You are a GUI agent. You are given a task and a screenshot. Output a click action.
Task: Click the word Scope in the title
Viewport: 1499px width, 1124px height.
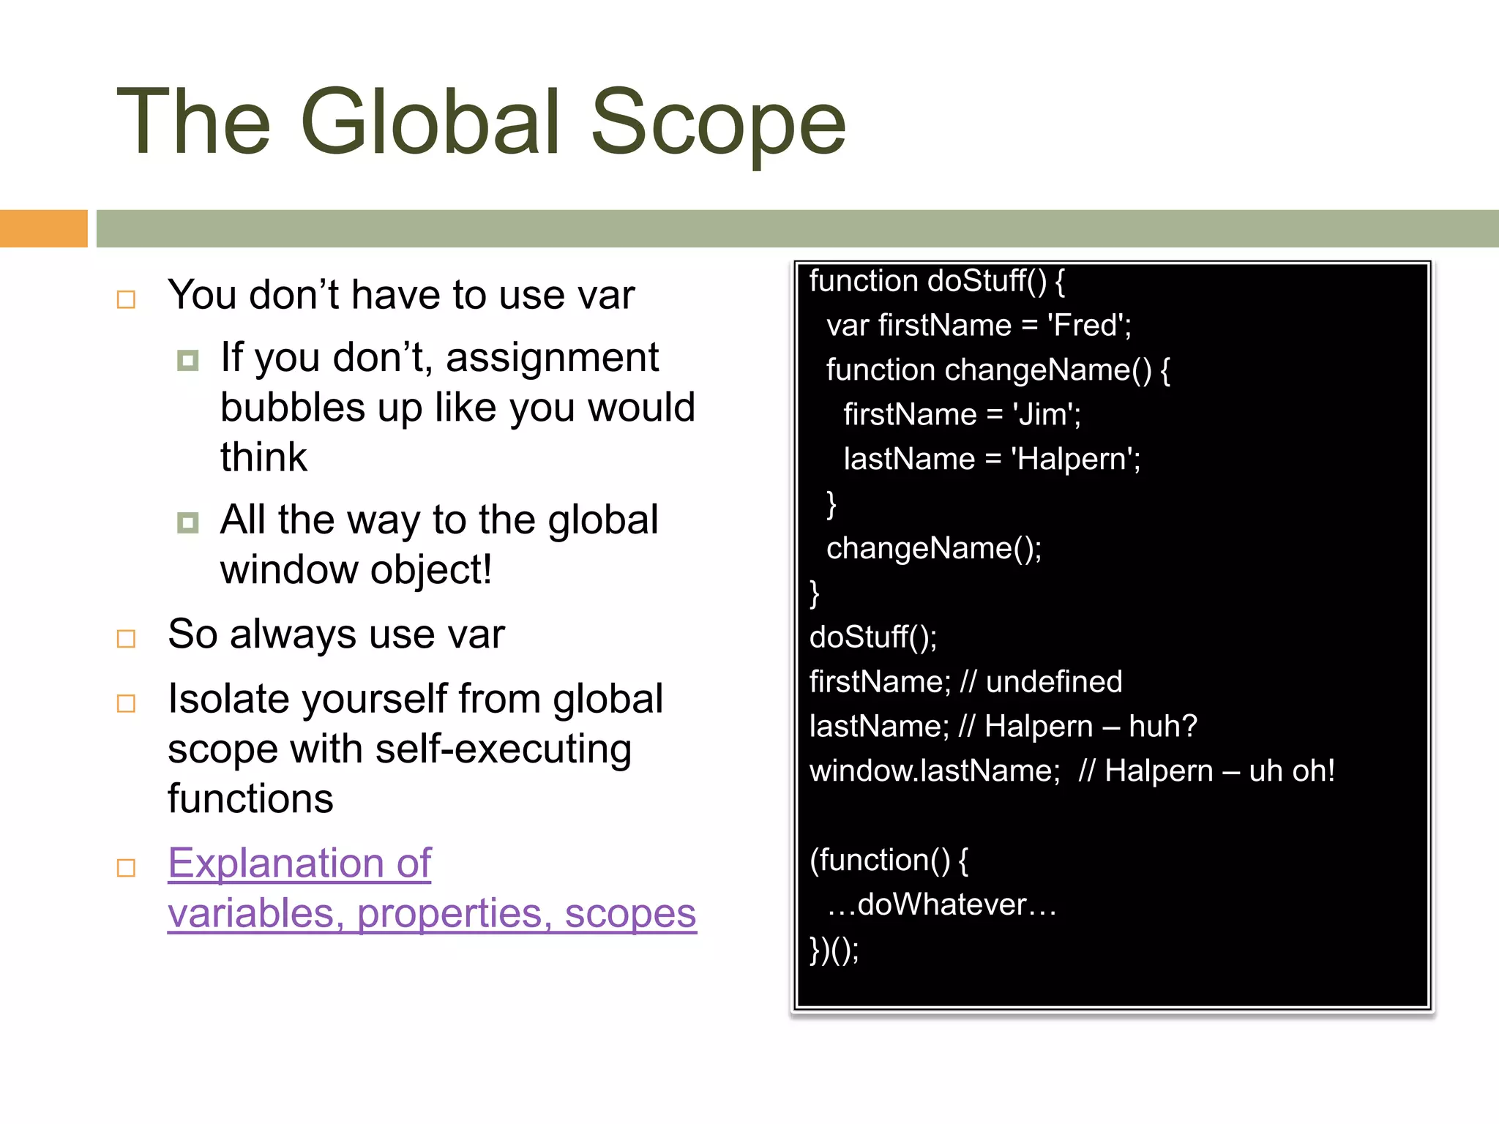718,122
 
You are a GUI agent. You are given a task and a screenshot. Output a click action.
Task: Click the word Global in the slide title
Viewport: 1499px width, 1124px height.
430,122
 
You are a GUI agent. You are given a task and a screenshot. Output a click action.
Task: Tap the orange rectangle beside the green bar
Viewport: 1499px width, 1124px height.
43,228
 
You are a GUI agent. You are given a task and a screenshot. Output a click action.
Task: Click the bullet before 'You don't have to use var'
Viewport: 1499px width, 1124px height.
127,299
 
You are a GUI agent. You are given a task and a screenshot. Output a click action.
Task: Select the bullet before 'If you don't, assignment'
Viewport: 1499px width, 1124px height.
188,360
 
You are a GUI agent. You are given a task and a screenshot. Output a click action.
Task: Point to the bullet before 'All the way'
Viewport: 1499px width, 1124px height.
188,522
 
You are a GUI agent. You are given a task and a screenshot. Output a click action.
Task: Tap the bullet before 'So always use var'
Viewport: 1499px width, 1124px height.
127,639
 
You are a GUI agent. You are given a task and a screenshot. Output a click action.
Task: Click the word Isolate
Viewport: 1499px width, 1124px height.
227,699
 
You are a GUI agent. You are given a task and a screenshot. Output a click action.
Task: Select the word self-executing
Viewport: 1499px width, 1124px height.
503,749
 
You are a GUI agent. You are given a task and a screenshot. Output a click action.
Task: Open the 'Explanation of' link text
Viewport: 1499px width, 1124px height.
299,863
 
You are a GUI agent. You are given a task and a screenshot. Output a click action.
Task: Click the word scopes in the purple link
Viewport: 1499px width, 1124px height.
630,913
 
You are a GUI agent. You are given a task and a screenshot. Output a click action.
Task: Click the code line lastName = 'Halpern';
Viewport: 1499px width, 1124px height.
992,460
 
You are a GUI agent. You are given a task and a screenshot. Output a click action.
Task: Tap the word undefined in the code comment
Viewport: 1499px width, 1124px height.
1054,682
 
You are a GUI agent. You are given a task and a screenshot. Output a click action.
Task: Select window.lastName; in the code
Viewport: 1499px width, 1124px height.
935,771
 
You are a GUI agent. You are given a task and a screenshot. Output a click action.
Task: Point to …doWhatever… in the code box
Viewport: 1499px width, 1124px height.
942,905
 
